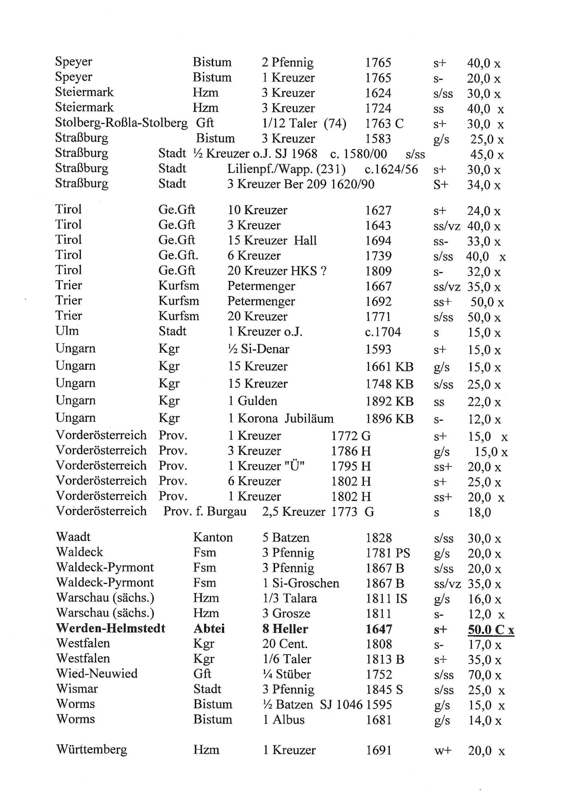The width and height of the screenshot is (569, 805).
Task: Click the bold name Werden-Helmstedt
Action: pos(110,628)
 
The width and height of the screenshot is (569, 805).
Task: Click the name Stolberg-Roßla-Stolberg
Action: pos(121,123)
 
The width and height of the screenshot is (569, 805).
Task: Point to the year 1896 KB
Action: pos(389,419)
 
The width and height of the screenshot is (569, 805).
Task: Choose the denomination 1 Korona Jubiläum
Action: pos(281,418)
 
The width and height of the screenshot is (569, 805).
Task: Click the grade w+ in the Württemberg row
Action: pos(443,751)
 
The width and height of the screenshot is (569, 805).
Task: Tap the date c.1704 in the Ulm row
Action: pos(383,332)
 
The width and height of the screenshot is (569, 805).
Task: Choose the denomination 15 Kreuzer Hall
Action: pos(272,241)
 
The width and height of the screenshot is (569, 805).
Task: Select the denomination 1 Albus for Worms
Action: pos(283,719)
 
